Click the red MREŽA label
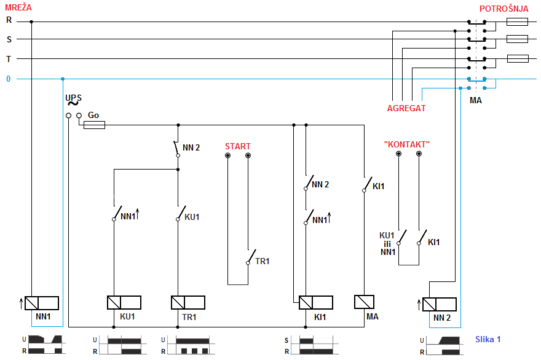[x=18, y=7]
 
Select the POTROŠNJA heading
[x=503, y=9]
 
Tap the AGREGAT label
[x=406, y=108]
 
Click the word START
[x=237, y=146]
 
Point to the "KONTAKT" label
[x=406, y=144]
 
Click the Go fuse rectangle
[x=94, y=125]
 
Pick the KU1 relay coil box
[x=124, y=302]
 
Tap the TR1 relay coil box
[x=188, y=302]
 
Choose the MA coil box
[x=365, y=302]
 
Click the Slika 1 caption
[x=488, y=339]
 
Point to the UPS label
[x=73, y=98]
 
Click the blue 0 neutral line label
[x=9, y=79]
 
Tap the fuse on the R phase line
[x=517, y=22]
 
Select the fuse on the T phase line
[x=517, y=59]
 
